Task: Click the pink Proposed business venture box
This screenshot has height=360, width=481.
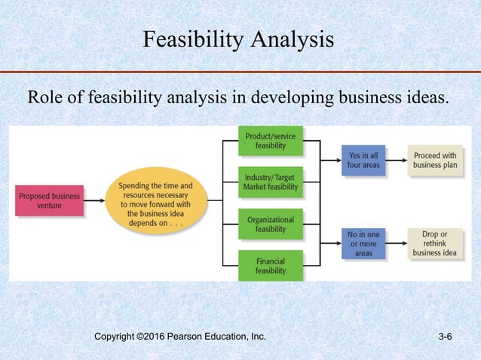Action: coord(49,200)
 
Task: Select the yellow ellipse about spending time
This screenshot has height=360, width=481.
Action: coord(155,200)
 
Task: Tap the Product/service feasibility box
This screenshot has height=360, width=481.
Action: coord(270,141)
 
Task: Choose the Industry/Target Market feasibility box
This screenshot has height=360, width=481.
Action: coord(270,182)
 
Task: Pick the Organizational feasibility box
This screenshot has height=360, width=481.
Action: coord(270,224)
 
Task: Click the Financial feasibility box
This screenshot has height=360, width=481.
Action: coord(270,266)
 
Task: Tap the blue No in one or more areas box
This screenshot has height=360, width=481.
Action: coord(363,244)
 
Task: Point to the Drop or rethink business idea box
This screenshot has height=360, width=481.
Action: coord(435,244)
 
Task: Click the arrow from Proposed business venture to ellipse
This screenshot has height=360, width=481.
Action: coord(94,200)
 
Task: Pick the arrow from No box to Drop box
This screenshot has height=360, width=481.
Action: coord(397,244)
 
